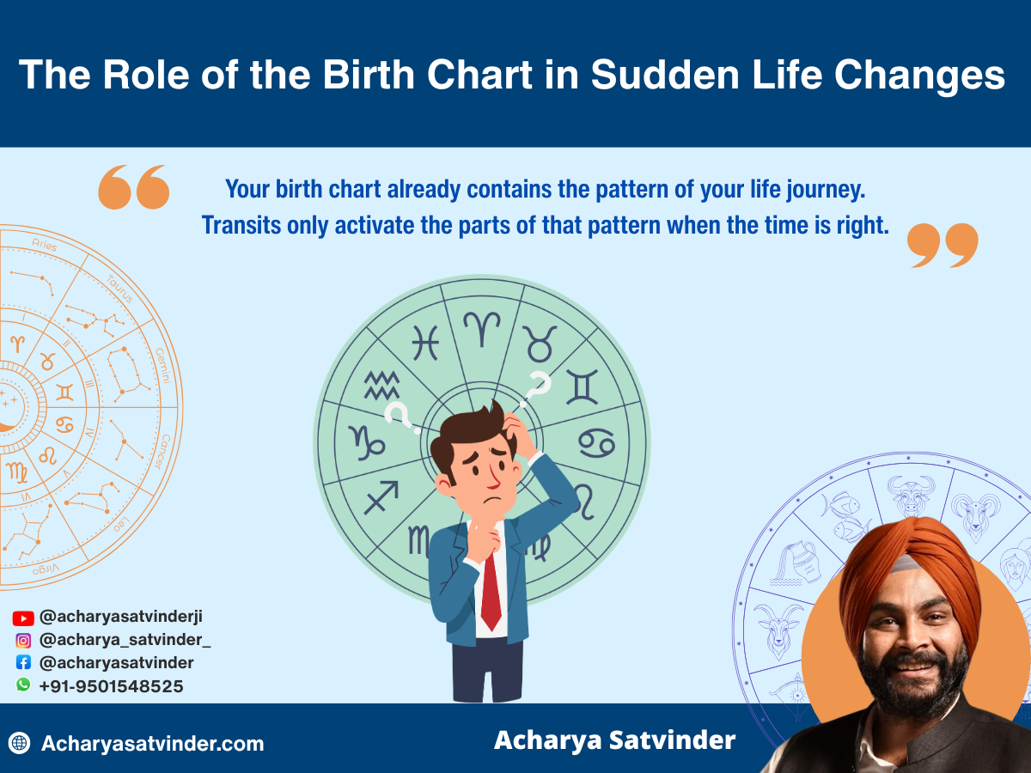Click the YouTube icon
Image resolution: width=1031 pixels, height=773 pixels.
[x=23, y=618]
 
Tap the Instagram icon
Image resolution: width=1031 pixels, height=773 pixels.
[x=23, y=641]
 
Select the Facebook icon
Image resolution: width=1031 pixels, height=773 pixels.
[x=23, y=663]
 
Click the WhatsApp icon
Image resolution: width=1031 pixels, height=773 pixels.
[x=23, y=685]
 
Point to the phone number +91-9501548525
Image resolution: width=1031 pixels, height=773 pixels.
[x=112, y=686]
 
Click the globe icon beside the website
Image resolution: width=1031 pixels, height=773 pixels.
[x=19, y=743]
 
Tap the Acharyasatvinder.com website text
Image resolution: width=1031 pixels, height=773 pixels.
[x=153, y=744]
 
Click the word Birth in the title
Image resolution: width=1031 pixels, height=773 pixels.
[x=369, y=75]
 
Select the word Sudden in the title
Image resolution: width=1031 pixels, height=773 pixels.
[x=665, y=75]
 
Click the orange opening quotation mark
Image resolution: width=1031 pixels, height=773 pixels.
[x=134, y=186]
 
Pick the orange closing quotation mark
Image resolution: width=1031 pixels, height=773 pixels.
[x=943, y=246]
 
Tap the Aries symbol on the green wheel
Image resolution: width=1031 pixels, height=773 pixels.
[x=482, y=329]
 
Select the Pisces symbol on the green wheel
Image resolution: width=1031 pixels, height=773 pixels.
[x=425, y=343]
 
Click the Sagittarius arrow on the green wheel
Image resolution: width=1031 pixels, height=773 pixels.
[x=381, y=497]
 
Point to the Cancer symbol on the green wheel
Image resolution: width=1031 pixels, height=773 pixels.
[x=596, y=443]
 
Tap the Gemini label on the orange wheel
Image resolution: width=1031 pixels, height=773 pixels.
[x=163, y=366]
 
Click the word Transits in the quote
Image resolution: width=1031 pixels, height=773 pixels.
[x=241, y=225]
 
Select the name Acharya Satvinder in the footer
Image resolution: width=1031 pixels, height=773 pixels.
[x=615, y=740]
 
